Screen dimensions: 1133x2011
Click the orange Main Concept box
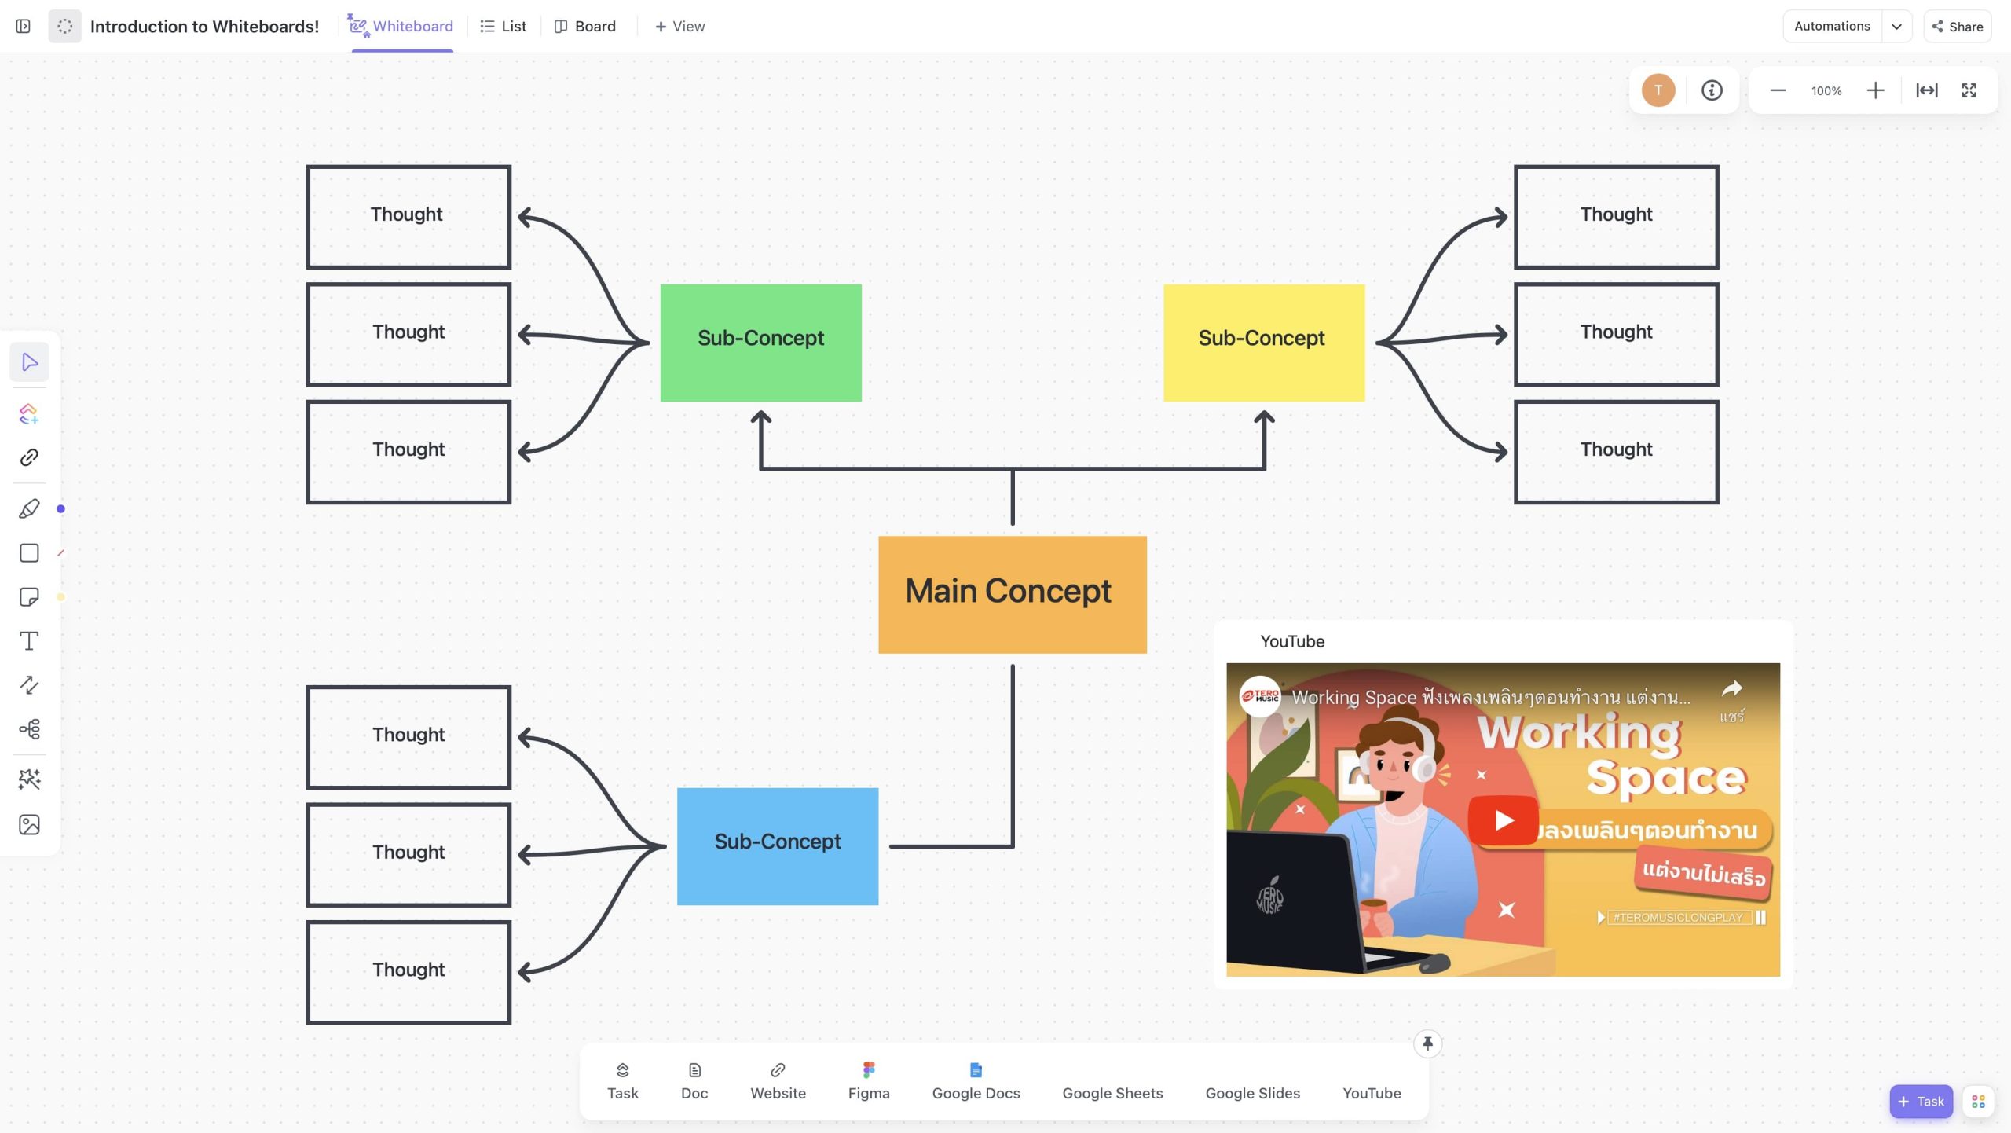[1012, 594]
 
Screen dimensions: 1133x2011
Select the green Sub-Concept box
[760, 343]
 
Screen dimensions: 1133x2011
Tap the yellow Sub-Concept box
[1263, 343]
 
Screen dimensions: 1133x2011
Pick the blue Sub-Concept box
[777, 845]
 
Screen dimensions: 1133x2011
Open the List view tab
[504, 27]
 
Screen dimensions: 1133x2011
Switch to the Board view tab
[585, 27]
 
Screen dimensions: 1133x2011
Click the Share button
[1957, 27]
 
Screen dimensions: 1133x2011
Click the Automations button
[1832, 27]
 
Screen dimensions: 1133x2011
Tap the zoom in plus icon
[1875, 90]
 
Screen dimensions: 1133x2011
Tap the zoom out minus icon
[1778, 90]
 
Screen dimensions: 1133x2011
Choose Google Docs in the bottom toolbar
[976, 1081]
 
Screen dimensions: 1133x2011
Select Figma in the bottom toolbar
[869, 1081]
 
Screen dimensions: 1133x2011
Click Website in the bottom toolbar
[778, 1081]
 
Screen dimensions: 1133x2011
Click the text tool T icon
[29, 641]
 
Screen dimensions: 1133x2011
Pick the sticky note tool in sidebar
[29, 597]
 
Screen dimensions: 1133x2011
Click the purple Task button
[1921, 1102]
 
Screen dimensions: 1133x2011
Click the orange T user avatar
[1658, 90]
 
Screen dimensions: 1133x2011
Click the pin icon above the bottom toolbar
[1427, 1043]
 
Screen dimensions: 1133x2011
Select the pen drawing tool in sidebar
[29, 509]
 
